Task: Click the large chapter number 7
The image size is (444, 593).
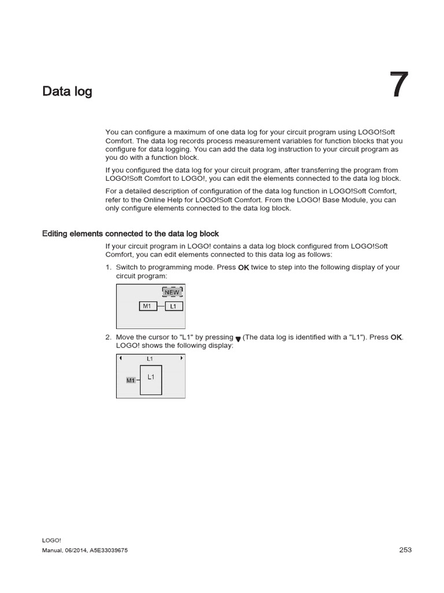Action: click(x=398, y=85)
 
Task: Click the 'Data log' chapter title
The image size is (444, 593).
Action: click(x=67, y=91)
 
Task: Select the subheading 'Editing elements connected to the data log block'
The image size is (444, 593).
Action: click(x=131, y=234)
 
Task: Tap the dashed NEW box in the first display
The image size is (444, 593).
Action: click(x=172, y=292)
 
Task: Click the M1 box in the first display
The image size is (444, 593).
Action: click(x=147, y=306)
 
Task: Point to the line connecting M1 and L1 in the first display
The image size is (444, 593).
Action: click(x=161, y=306)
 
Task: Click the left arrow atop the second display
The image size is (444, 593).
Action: click(x=120, y=358)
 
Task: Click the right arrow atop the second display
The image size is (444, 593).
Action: click(x=182, y=358)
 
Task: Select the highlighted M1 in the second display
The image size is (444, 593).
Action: click(x=131, y=380)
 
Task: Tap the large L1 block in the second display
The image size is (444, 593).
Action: click(x=151, y=379)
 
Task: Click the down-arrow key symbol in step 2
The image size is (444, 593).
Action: click(x=238, y=338)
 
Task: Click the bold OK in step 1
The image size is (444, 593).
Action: click(x=243, y=268)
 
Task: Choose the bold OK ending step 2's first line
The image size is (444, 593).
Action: click(x=396, y=337)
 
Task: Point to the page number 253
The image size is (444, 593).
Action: click(x=405, y=550)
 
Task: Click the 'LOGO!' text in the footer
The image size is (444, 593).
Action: click(x=51, y=540)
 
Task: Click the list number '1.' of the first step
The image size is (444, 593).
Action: click(x=108, y=268)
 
